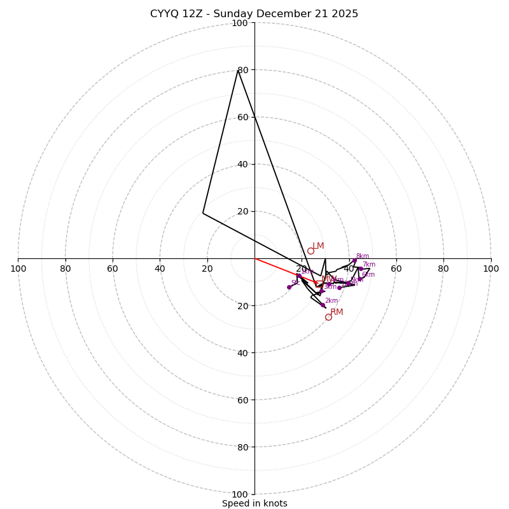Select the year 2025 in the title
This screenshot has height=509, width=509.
tap(344, 14)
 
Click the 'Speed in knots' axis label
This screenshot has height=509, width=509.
tap(254, 503)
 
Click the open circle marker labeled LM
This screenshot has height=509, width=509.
tap(310, 251)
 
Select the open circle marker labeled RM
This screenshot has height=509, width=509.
tap(328, 317)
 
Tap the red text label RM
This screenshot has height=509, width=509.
tap(337, 312)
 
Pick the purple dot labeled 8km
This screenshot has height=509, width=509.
tap(354, 260)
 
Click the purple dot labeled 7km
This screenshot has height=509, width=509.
tap(361, 268)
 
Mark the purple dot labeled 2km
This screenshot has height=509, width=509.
tap(323, 305)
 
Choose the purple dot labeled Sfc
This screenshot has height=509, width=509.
tap(289, 287)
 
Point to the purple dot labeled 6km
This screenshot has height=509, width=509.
tap(359, 279)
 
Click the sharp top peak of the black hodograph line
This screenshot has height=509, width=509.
tap(238, 70)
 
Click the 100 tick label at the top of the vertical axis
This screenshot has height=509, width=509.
tap(239, 23)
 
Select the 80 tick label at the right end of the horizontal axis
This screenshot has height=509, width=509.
tap(443, 268)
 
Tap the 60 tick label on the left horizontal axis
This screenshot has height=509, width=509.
tap(113, 268)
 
